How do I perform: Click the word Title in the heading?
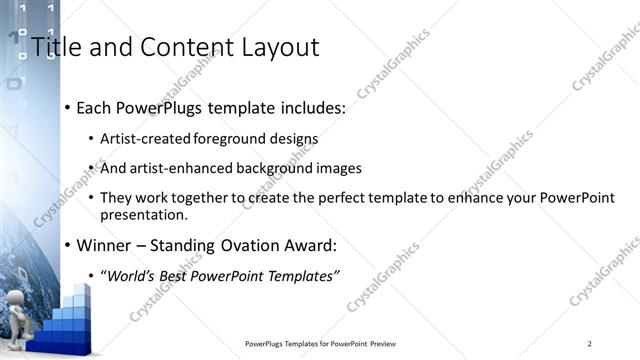pos(55,47)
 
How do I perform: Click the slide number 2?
pos(590,344)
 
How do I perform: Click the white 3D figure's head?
pos(21,303)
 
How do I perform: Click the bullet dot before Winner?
pos(67,245)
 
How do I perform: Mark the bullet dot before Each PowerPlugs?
pos(67,108)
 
